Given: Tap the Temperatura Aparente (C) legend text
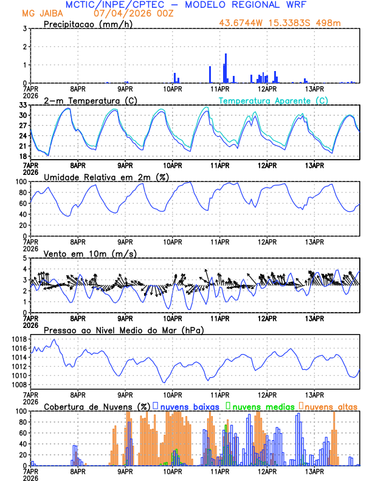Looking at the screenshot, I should [x=273, y=100].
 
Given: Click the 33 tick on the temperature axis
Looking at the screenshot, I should [x=22, y=105].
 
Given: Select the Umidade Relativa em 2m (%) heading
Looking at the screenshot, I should [x=104, y=177].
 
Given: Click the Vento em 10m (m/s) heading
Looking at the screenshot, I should [x=90, y=253].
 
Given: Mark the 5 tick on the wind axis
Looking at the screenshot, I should [x=25, y=258].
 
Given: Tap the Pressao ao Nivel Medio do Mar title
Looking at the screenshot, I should [x=123, y=330].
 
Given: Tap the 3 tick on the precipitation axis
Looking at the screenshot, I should [x=25, y=29].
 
